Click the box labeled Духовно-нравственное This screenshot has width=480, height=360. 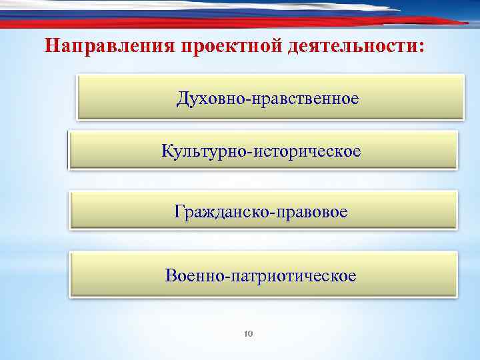[270, 97]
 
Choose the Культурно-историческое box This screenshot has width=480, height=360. [263, 150]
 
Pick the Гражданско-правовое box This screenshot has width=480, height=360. [263, 211]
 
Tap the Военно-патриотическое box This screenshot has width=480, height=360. [263, 273]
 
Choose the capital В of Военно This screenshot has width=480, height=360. [171, 275]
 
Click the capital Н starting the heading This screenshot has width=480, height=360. [51, 47]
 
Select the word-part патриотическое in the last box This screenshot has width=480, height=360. [293, 275]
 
